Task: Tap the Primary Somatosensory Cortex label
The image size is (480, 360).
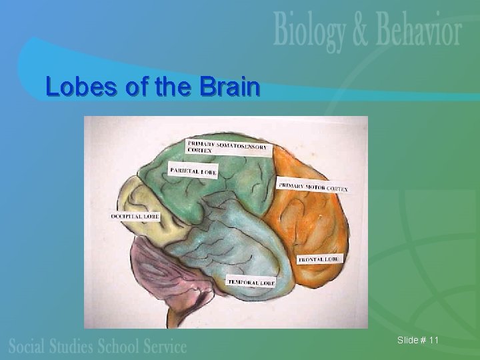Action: [228, 147]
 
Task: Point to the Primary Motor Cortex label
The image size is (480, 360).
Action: [313, 187]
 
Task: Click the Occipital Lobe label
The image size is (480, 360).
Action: [135, 217]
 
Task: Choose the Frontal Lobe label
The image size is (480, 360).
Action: [319, 258]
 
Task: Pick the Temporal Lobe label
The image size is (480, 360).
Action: [251, 282]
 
